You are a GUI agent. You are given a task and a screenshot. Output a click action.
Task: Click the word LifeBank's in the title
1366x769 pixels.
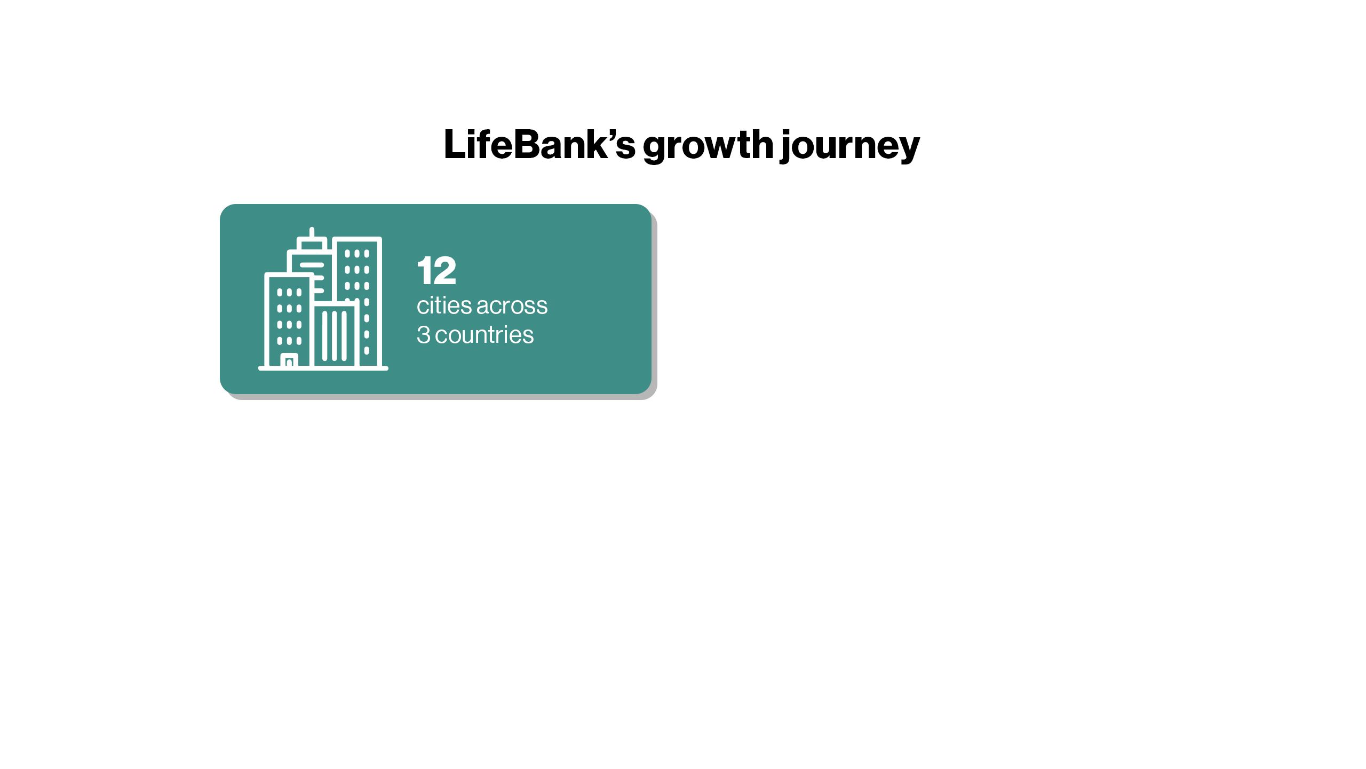tap(539, 144)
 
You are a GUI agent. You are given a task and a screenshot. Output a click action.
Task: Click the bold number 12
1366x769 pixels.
tap(436, 271)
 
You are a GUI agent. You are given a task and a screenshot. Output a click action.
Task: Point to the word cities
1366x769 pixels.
tap(444, 305)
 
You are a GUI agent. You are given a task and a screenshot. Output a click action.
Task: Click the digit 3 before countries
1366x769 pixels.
tap(423, 335)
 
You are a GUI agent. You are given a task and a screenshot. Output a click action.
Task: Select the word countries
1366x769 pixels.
tap(485, 335)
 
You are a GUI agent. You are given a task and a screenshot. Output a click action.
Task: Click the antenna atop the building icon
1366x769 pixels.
tap(312, 233)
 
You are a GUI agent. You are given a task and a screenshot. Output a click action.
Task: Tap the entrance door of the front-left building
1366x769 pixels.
tap(289, 361)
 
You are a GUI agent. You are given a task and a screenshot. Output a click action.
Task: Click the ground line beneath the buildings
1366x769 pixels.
tap(323, 368)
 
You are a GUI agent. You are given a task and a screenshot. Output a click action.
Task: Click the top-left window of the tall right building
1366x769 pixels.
tap(347, 254)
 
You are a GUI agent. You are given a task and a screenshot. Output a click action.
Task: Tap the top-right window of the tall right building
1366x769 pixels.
tap(367, 254)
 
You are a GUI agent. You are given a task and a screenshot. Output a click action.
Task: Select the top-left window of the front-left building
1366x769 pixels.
tap(280, 293)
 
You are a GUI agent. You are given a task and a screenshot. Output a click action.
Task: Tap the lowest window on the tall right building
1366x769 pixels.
tap(367, 351)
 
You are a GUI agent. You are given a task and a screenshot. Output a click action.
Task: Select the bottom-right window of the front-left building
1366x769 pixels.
tap(299, 341)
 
